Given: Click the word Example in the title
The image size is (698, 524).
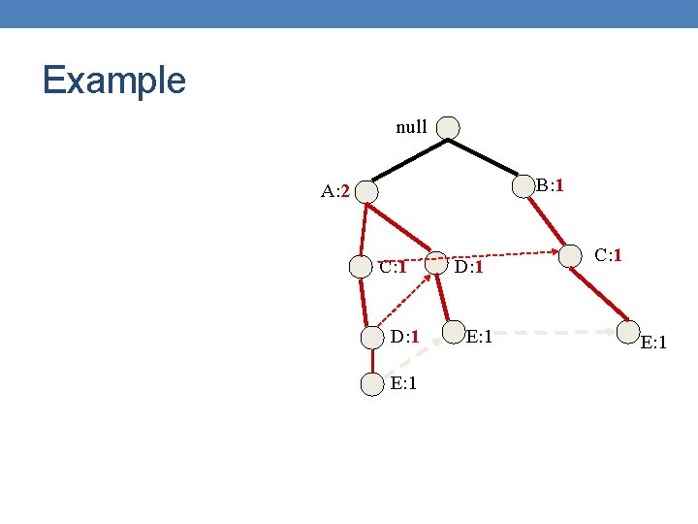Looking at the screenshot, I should pos(113,80).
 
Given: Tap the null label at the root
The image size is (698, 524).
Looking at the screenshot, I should pos(411,127).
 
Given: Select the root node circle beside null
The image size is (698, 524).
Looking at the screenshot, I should pos(448,127).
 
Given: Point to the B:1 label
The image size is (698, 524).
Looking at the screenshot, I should pos(551,184).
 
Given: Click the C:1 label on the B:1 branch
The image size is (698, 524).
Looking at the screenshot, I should pos(608,256).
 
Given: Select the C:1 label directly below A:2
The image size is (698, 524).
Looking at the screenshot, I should pos(393,267).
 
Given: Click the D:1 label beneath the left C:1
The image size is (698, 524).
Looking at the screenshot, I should pos(405,337).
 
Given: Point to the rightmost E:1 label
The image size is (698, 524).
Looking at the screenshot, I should pos(655,342).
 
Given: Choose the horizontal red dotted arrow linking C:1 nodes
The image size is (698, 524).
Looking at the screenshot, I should pos(504,259).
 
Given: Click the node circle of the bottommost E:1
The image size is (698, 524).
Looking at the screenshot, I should pos(372,384).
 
